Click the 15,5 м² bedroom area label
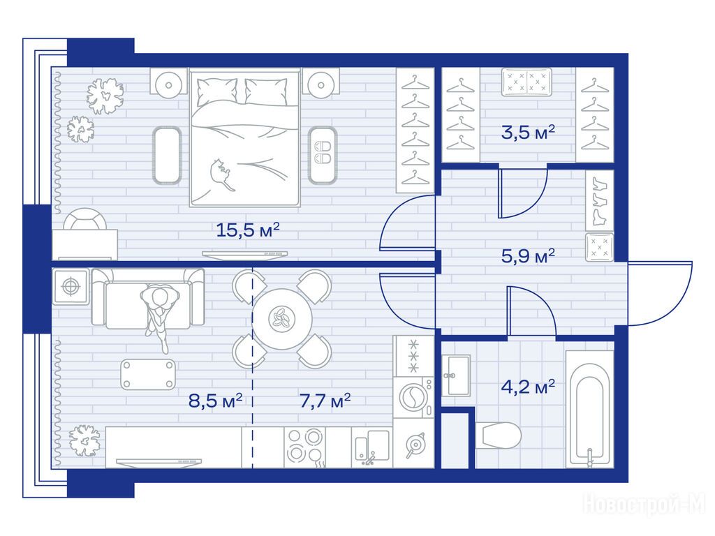(x=248, y=230)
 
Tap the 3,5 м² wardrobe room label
(x=528, y=132)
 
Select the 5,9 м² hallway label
(x=528, y=255)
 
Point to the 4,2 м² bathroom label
(x=528, y=387)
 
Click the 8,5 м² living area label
(x=215, y=401)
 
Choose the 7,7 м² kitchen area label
(x=325, y=401)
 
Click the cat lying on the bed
(x=221, y=174)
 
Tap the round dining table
(x=282, y=319)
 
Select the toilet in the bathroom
(x=499, y=435)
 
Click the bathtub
(x=589, y=409)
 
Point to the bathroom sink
(x=455, y=375)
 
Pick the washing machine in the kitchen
(x=413, y=397)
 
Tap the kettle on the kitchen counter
(x=413, y=445)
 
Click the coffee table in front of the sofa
(x=148, y=374)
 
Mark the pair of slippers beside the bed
(x=323, y=152)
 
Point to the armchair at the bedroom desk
(x=85, y=218)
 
